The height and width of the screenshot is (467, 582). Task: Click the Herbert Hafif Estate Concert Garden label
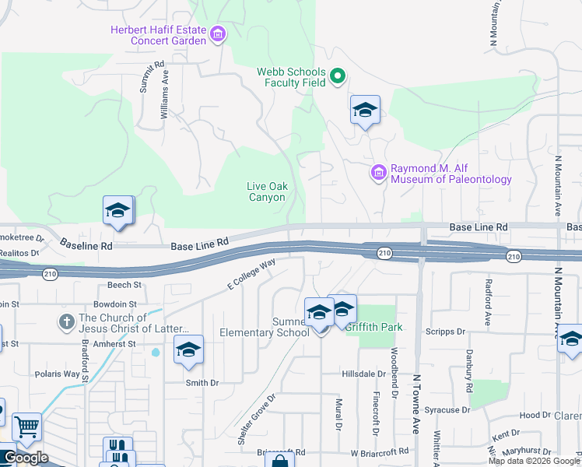160,36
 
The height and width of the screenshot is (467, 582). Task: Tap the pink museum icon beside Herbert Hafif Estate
218,33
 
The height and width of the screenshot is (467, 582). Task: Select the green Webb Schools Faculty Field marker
338,76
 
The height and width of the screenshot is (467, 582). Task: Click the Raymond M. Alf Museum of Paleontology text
451,174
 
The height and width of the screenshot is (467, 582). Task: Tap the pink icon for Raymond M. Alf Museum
379,173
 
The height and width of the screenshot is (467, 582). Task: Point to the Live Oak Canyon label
267,191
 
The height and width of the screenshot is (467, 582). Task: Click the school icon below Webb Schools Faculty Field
364,111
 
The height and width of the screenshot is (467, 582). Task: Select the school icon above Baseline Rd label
117,211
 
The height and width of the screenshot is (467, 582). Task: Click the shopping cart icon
27,427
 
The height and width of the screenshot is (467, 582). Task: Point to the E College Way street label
251,276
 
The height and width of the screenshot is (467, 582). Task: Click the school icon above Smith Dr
188,351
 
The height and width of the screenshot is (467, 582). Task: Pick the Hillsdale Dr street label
364,374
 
